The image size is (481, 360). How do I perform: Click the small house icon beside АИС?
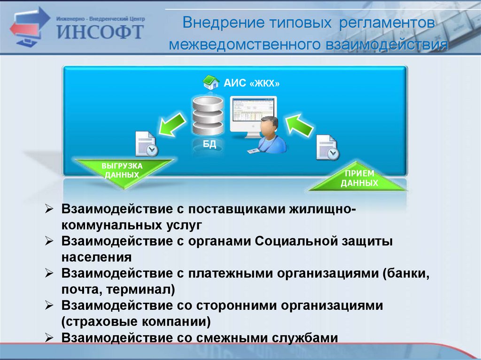pyautogui.click(x=211, y=83)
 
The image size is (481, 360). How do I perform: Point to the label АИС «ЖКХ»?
pyautogui.click(x=252, y=84)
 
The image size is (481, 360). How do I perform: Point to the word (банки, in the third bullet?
pyautogui.click(x=406, y=273)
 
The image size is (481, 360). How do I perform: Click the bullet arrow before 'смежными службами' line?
pyautogui.click(x=50, y=337)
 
